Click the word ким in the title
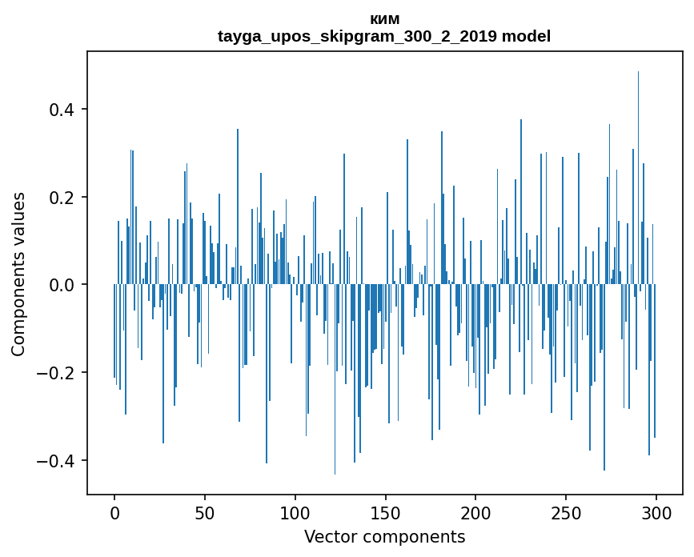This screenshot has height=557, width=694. point(384,19)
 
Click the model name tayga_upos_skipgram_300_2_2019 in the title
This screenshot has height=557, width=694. point(358,36)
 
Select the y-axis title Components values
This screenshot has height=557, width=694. point(18,274)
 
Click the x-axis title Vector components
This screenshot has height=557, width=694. point(384,537)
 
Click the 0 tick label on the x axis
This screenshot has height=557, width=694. point(114,512)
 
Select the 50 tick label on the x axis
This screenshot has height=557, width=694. point(205,512)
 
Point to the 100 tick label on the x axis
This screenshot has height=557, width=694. point(295,512)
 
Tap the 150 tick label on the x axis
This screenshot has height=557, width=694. point(385,512)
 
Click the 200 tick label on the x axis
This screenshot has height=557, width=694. point(475,512)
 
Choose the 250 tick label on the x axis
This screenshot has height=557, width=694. point(566,512)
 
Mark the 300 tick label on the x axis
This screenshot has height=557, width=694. point(656,512)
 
